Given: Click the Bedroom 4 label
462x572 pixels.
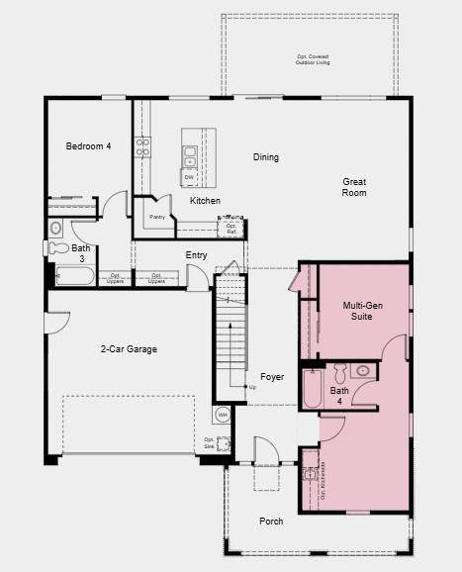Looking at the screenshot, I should (x=88, y=146).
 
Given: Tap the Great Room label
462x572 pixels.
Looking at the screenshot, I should (x=354, y=187).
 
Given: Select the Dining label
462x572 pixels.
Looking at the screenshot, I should (x=265, y=157).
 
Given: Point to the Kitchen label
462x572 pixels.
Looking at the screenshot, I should (x=205, y=201).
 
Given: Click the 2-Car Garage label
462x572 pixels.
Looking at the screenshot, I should (x=129, y=349).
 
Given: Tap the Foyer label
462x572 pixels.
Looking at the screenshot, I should (x=272, y=377).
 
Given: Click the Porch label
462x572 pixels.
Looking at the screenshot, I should (x=271, y=522).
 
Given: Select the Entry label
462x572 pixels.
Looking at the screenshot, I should (x=196, y=255).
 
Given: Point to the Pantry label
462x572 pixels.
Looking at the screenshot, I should (x=156, y=217).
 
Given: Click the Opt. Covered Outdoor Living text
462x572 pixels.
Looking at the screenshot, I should (x=314, y=60).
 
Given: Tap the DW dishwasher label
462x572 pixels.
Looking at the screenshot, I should (x=189, y=178).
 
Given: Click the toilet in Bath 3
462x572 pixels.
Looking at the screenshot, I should (x=55, y=228).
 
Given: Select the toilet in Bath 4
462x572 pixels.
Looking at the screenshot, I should (x=339, y=374).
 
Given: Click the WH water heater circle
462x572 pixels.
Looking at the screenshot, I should (x=223, y=414).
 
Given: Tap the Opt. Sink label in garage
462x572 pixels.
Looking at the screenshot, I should (x=210, y=442).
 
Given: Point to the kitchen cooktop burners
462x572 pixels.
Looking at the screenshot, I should (x=143, y=146).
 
